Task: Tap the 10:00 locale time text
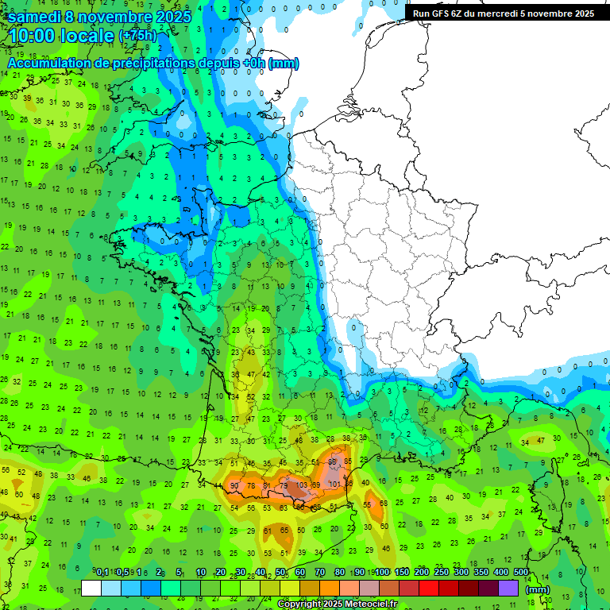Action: click(x=62, y=36)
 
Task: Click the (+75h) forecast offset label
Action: click(x=137, y=36)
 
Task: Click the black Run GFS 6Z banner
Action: click(x=503, y=14)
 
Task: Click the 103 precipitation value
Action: click(x=302, y=485)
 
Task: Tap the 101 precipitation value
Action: click(x=334, y=485)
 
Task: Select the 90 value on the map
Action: click(x=234, y=486)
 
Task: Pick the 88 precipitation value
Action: click(x=334, y=461)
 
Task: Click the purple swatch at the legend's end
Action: click(x=508, y=589)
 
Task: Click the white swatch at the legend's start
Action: click(x=91, y=589)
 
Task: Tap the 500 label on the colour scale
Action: click(x=521, y=573)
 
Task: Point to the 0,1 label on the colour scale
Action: click(x=102, y=573)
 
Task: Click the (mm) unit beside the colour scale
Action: click(x=538, y=589)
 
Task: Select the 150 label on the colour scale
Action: click(x=401, y=573)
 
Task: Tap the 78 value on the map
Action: click(x=250, y=486)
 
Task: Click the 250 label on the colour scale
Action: click(x=441, y=573)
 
